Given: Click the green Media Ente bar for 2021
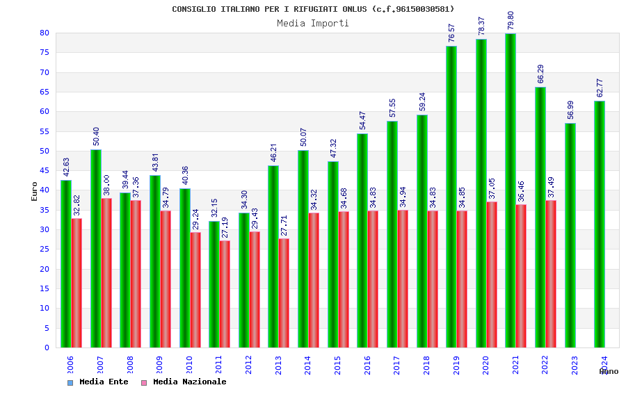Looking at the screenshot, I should [x=511, y=190].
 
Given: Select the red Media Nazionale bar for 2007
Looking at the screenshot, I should [x=106, y=272].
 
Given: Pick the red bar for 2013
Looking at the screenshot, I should [x=284, y=293].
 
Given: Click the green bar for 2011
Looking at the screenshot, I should [x=214, y=284].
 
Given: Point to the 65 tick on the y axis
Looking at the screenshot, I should [x=45, y=92].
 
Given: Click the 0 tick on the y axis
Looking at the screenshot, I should [x=47, y=347].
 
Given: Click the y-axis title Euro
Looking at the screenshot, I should [x=35, y=191].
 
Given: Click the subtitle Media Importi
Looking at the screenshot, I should [x=313, y=23].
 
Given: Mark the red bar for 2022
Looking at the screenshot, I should [x=551, y=274].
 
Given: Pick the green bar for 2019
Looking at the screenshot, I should [x=451, y=197].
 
